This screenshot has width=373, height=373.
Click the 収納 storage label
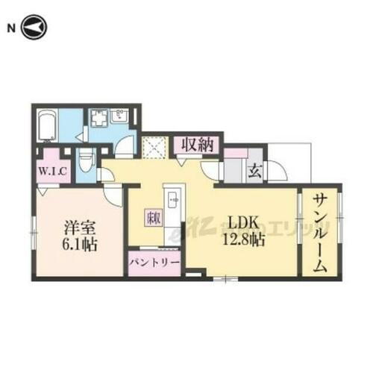[x=197, y=144]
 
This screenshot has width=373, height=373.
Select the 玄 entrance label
[x=254, y=171]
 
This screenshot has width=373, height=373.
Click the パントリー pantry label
[x=154, y=263]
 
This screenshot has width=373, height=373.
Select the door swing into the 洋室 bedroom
[x=114, y=195]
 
